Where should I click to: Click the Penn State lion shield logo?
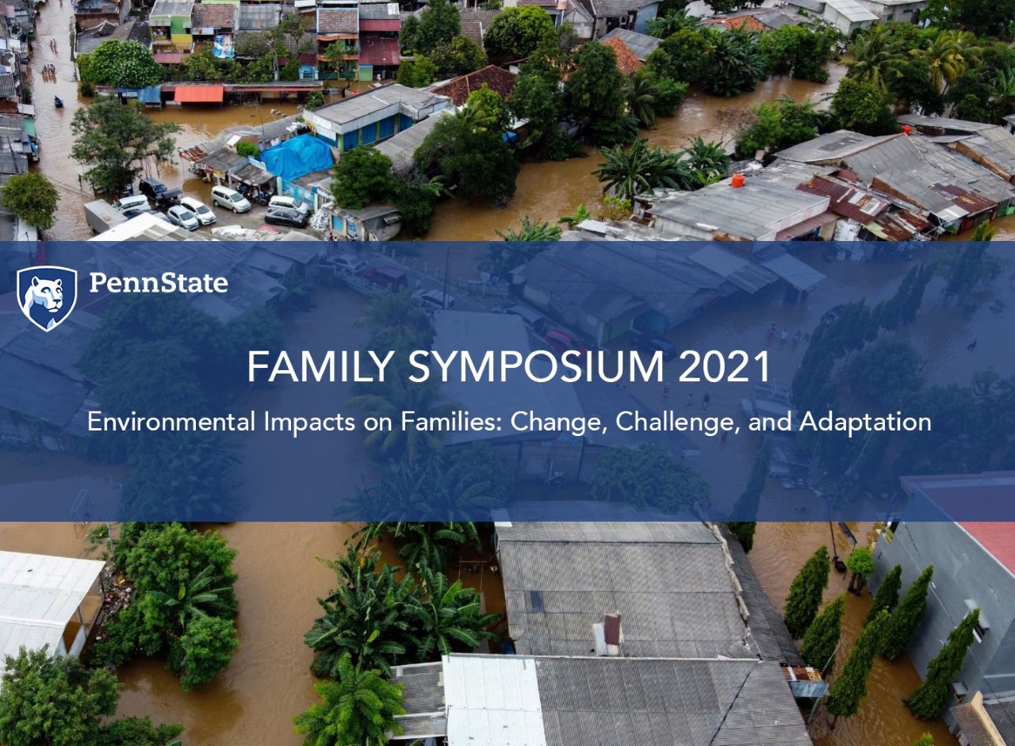(x=47, y=299)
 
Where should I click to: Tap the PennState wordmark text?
(x=159, y=283)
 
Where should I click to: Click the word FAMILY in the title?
(x=320, y=366)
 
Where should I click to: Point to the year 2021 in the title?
(x=724, y=366)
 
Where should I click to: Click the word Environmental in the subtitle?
(x=171, y=422)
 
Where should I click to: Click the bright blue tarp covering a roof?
(x=297, y=157)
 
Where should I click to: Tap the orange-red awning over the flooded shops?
(x=198, y=94)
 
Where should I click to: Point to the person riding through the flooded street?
(x=58, y=102)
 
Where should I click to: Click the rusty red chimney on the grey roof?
(x=612, y=629)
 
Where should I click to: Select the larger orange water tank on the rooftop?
(x=737, y=180)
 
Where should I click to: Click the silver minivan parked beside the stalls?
(x=231, y=199)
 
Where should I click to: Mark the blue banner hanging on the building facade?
(x=224, y=46)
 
